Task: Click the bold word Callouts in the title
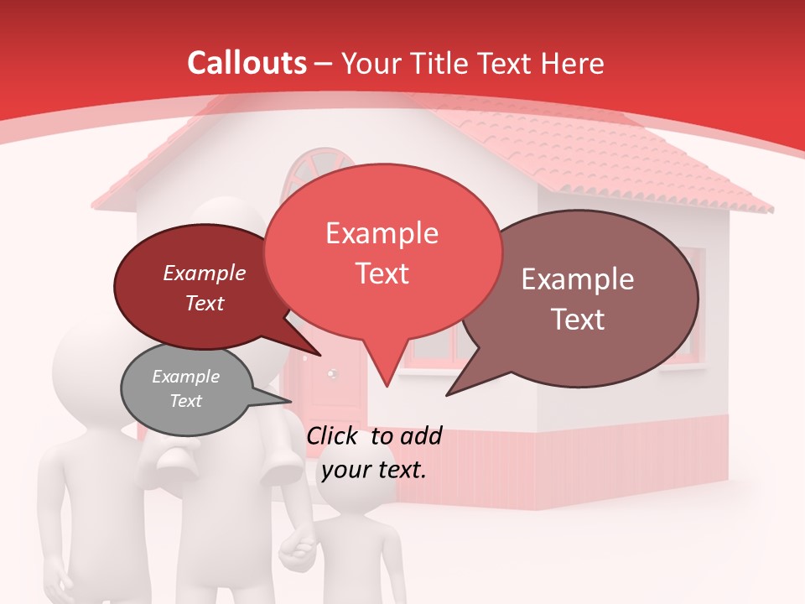click(x=247, y=63)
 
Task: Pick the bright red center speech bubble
click(x=382, y=252)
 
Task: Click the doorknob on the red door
click(x=332, y=374)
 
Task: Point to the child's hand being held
click(x=296, y=549)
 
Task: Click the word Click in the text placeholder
click(x=334, y=435)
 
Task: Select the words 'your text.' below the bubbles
click(x=374, y=469)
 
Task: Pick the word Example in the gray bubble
click(x=185, y=377)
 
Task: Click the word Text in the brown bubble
click(x=579, y=319)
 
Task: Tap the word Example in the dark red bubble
click(x=204, y=273)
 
